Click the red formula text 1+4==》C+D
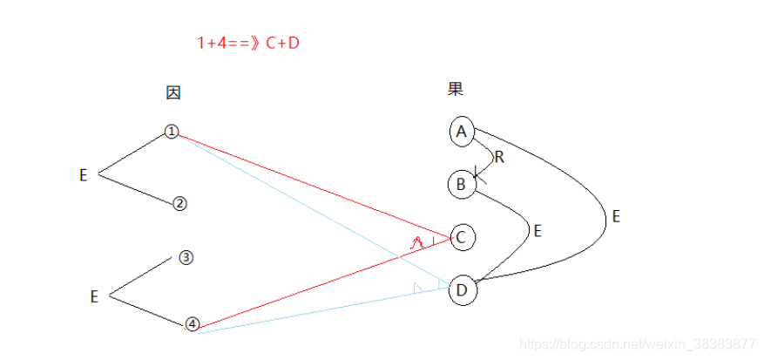pos(248,42)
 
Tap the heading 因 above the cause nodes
pos(173,92)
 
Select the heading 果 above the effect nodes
pos(456,89)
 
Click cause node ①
pos(172,132)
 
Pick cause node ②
pos(179,203)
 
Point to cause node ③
pos(186,258)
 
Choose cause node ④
pos(193,324)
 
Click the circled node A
pos(462,132)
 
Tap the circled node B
pos(461,185)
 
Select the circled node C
pos(463,237)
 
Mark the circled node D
pos(463,290)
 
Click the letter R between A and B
pos(499,158)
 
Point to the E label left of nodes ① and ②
pos(84,175)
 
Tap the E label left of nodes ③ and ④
pos(94,296)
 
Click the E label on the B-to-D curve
pos(538,231)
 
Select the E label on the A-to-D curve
pos(616,216)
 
